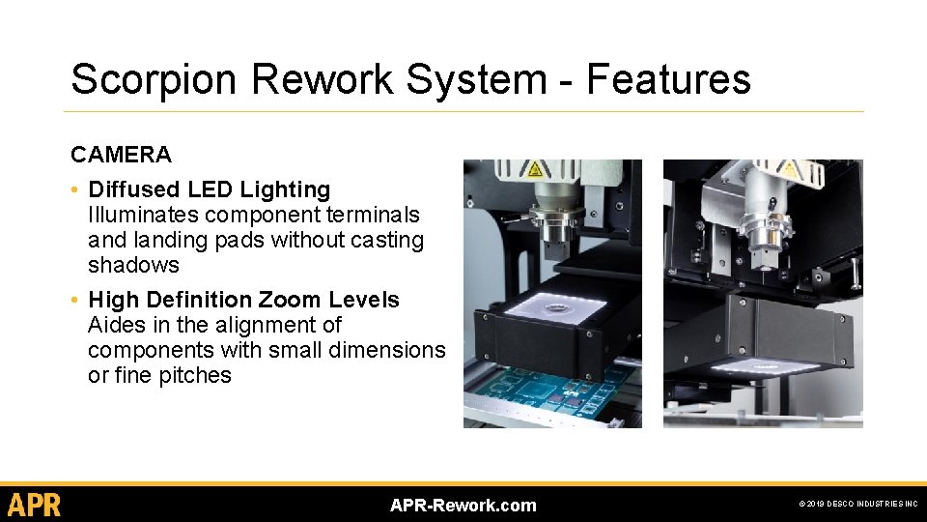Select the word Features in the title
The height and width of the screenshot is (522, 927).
point(668,79)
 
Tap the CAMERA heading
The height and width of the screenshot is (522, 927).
point(121,155)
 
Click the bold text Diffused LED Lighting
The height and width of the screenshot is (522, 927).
point(209,189)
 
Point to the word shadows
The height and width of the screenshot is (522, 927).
point(133,265)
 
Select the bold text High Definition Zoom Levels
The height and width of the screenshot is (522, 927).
point(243,300)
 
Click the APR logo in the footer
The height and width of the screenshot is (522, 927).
point(35,505)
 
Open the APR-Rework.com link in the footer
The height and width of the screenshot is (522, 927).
point(463,505)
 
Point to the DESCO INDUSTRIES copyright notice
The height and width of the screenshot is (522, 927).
point(857,505)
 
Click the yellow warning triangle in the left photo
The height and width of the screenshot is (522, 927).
point(533,169)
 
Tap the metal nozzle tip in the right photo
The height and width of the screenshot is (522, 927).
point(769,253)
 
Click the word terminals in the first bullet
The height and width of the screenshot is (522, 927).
point(373,215)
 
